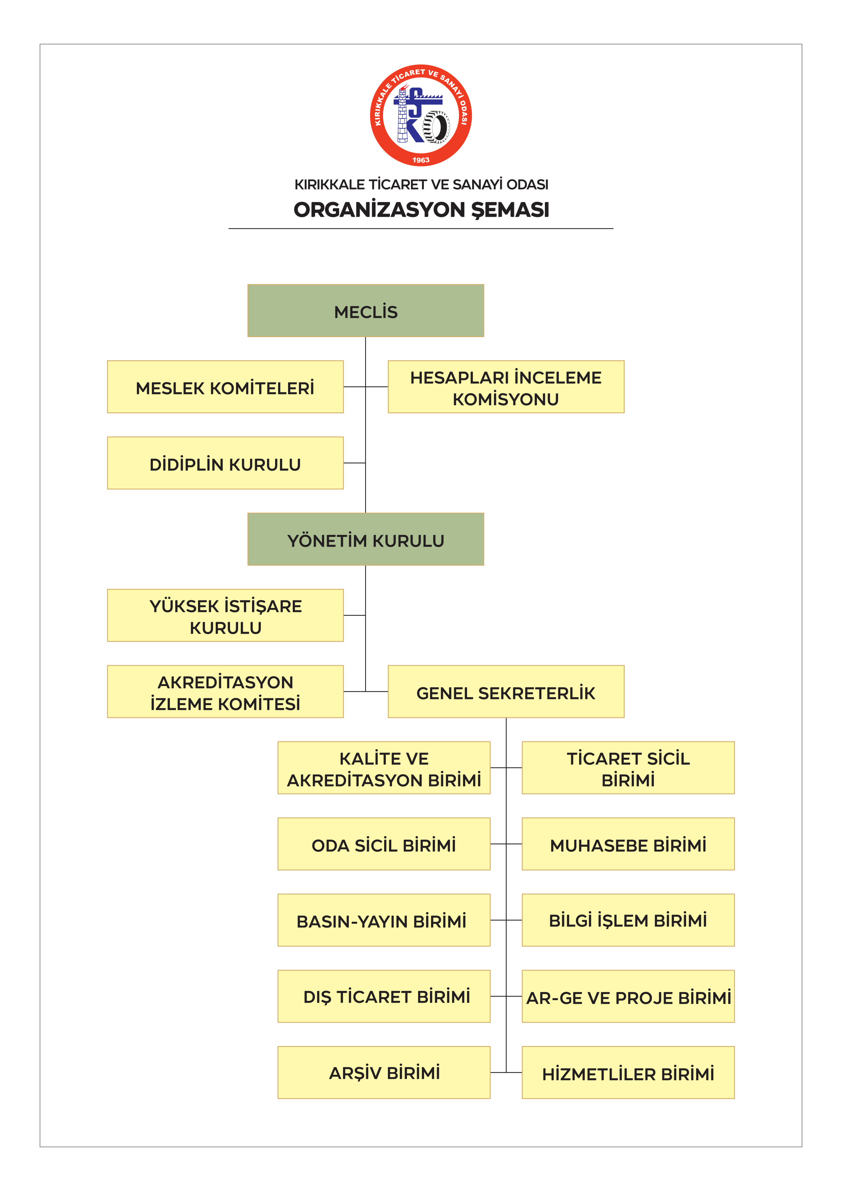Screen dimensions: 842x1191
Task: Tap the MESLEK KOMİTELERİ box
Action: pyautogui.click(x=225, y=386)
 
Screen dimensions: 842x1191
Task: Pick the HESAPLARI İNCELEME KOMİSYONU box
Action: pyautogui.click(x=506, y=386)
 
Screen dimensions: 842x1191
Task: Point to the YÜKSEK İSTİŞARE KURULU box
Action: pyautogui.click(x=225, y=615)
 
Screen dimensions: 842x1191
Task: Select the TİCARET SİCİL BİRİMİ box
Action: pyautogui.click(x=628, y=768)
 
